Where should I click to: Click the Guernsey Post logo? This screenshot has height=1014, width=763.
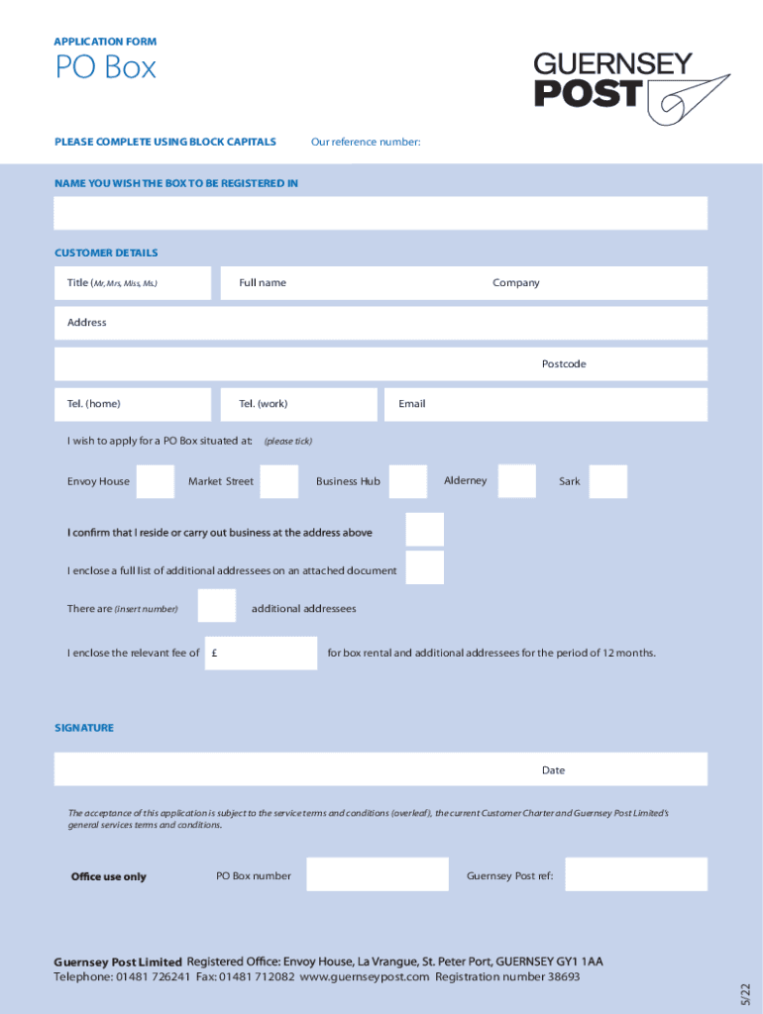tap(631, 88)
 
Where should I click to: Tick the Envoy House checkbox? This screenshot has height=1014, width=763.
tap(156, 481)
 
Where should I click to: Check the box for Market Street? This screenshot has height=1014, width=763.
tap(279, 481)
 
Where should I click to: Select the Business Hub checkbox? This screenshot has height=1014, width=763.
tap(408, 481)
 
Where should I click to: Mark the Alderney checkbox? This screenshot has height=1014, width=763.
tap(516, 481)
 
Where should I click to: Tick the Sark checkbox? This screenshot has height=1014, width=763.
tap(607, 481)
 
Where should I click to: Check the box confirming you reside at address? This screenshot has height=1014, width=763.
tap(425, 530)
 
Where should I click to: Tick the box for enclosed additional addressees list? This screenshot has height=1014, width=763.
tap(425, 567)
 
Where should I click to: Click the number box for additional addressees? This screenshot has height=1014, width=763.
tap(217, 605)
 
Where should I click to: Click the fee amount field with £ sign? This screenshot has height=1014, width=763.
tap(262, 653)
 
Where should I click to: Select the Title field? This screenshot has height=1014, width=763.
tap(133, 283)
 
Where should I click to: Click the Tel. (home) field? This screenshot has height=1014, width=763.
tap(133, 404)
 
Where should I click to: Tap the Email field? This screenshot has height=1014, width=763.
tap(546, 404)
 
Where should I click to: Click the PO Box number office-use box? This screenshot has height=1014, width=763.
tap(378, 874)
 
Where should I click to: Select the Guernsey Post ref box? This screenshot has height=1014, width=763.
tap(636, 874)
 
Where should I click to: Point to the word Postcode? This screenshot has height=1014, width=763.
tap(564, 364)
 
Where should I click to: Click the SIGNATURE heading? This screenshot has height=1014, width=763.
tap(84, 728)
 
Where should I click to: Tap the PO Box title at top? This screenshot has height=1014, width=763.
tap(105, 68)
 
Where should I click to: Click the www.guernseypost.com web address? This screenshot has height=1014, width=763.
tap(365, 977)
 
